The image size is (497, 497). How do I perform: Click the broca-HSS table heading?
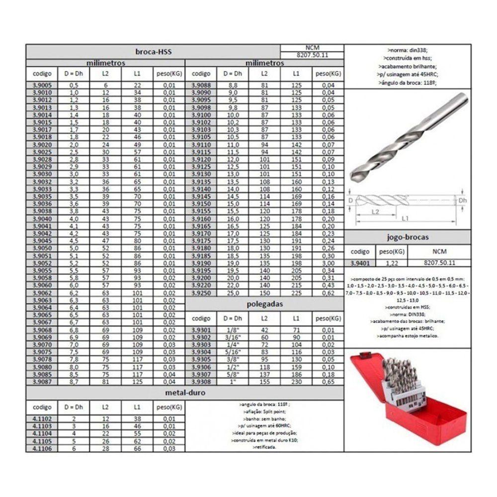point(153,52)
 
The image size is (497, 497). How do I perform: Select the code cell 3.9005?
point(42,85)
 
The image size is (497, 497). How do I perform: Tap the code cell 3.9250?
point(201,294)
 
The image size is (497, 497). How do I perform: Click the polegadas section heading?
point(264,304)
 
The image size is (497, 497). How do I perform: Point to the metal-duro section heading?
point(184,392)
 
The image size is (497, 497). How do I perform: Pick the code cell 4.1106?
point(42,449)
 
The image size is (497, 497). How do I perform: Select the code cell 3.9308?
point(201,382)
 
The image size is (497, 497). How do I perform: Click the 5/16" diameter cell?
point(232,352)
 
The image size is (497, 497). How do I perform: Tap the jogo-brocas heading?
point(407,237)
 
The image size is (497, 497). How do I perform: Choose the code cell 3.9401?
point(360,262)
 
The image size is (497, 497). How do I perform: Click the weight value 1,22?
point(391,262)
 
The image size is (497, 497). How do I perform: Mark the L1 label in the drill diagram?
point(407,218)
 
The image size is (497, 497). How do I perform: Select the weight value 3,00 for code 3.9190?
point(327,262)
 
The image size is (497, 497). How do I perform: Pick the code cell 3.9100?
point(201,115)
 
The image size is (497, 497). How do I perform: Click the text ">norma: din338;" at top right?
point(407,50)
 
